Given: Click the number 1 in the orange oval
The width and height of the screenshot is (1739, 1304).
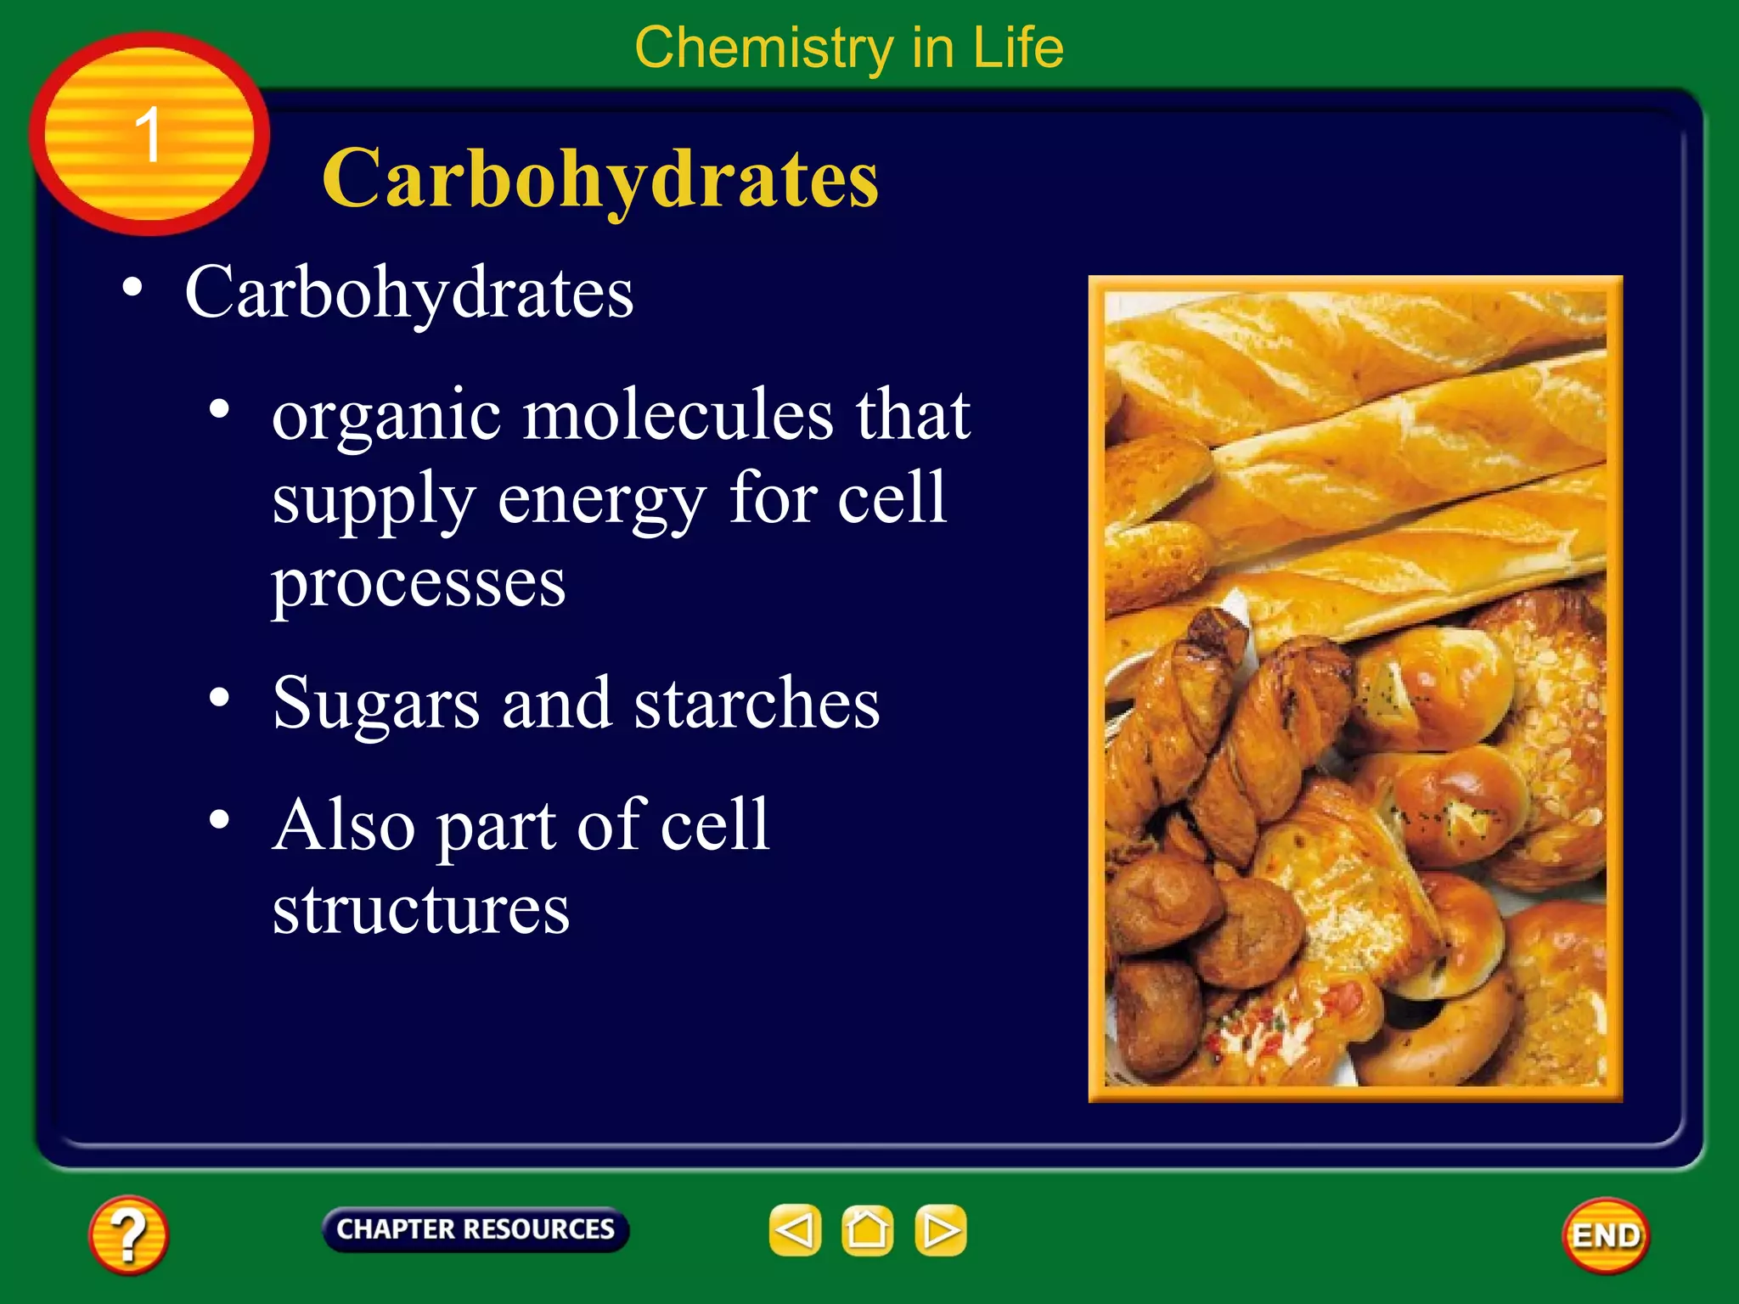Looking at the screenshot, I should (149, 134).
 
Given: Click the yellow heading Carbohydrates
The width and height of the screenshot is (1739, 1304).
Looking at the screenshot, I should (600, 178).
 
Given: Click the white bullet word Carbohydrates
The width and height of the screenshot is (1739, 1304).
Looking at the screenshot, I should (408, 293).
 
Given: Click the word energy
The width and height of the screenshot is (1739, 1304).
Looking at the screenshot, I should (601, 499).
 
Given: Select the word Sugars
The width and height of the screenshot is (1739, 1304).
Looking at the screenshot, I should (376, 704).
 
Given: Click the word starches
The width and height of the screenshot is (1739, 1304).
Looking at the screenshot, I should (757, 704).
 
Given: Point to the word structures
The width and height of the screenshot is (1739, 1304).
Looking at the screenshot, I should (420, 910).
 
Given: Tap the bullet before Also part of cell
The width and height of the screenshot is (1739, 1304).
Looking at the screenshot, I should (220, 820).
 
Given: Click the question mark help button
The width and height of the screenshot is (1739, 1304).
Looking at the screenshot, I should (128, 1235).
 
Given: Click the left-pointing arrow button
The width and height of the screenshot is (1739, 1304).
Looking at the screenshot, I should (796, 1230).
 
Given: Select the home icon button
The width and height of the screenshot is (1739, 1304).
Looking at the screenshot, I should (867, 1230).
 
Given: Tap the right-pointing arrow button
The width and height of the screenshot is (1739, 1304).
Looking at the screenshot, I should (940, 1230).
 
